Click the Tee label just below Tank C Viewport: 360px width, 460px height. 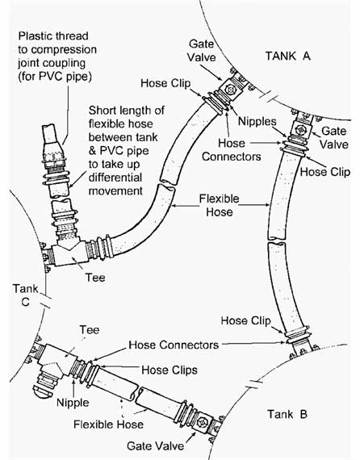tap(89, 330)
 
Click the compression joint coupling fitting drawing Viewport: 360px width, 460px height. tap(51, 149)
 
